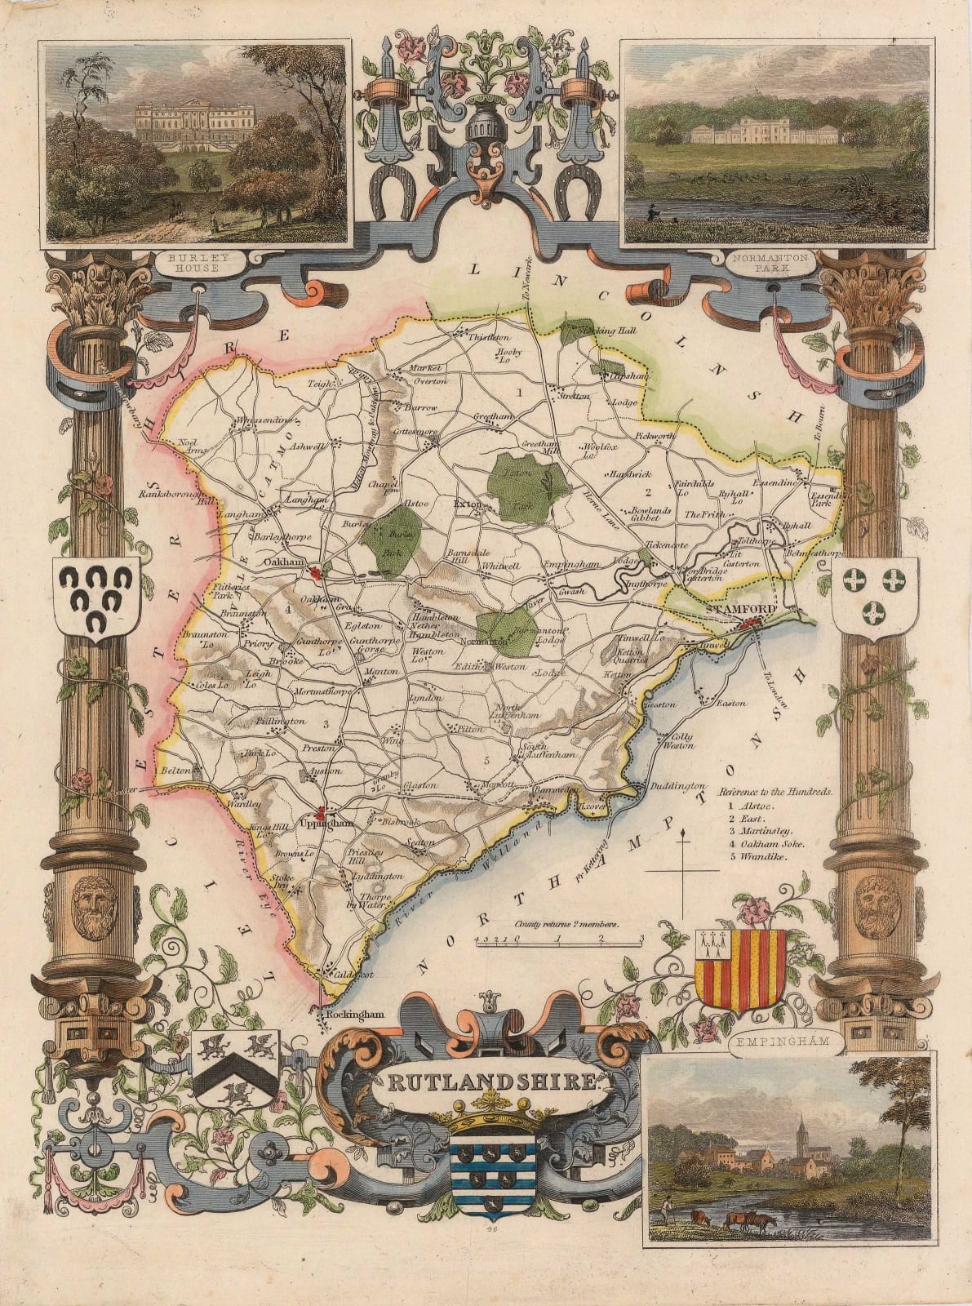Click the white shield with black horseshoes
[96, 600]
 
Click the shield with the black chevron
[236, 1070]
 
